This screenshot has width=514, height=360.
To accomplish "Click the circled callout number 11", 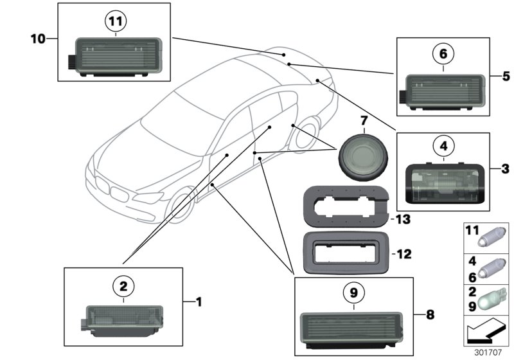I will (x=115, y=22).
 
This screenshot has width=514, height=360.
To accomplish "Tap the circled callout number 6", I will (x=443, y=55).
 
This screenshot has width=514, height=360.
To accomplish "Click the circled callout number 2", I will (x=123, y=284).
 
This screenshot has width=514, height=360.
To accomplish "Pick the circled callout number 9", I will (x=353, y=293).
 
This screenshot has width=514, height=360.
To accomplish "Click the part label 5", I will (x=506, y=76).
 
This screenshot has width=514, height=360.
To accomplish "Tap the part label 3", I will (x=506, y=169).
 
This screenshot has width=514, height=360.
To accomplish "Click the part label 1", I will (x=199, y=301).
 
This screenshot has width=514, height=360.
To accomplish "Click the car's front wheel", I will (x=183, y=208).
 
